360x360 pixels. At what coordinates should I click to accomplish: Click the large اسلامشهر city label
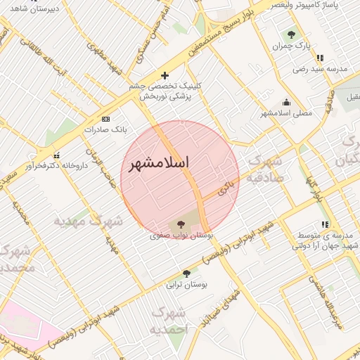click(160, 162)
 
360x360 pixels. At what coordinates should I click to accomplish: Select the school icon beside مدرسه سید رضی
click(321, 58)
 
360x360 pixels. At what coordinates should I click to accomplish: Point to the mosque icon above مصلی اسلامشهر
click(285, 102)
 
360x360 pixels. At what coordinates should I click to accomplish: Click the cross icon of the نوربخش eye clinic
click(165, 75)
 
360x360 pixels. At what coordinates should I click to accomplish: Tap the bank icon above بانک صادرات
click(106, 119)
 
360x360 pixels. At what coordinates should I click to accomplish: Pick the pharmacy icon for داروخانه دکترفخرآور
click(56, 155)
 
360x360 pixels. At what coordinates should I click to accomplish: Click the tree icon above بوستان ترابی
click(186, 274)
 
